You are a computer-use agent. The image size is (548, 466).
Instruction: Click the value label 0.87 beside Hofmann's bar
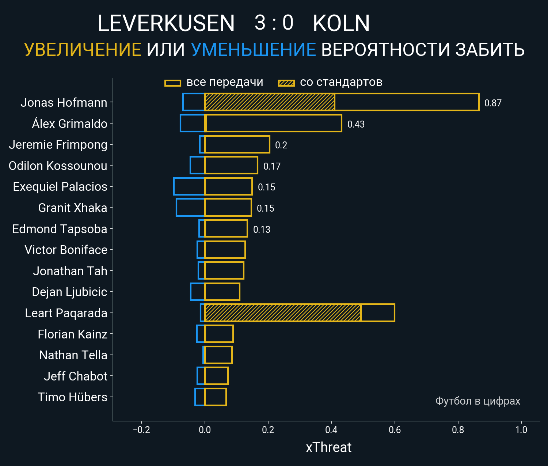pos(492,103)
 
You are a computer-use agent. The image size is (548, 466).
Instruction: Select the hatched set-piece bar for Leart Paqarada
pos(283,313)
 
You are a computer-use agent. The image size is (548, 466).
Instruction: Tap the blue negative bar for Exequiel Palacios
pos(189,186)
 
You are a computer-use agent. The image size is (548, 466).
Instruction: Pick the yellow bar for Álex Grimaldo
pos(273,123)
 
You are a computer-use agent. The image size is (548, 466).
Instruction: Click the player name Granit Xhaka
pos(72,208)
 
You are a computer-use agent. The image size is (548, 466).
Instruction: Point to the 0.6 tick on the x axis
pos(395,430)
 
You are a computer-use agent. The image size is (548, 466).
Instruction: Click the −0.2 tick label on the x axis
pos(141,430)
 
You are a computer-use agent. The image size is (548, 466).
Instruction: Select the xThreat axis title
pos(328,447)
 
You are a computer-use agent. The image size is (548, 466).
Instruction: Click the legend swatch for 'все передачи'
pos(173,83)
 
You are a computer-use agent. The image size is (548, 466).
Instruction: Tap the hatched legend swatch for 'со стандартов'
pos(286,83)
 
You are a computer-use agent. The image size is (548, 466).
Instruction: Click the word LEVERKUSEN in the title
pos(166,23)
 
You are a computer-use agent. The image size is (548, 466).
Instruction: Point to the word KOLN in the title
pos(341,23)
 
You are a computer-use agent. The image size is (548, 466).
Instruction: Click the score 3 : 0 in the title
pos(274,23)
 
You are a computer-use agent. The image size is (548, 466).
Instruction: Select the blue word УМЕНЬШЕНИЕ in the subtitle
pos(253,50)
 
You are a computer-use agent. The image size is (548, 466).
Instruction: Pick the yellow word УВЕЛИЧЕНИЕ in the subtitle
pos(83,50)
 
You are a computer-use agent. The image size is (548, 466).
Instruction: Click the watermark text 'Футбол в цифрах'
pos(477,401)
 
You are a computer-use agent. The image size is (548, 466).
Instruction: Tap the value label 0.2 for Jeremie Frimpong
pos(281,145)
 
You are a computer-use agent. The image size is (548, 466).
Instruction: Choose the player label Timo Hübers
pos(72,397)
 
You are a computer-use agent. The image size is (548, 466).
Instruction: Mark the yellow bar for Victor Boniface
pos(225,250)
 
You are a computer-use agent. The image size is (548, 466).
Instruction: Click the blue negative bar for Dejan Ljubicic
pos(198,292)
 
